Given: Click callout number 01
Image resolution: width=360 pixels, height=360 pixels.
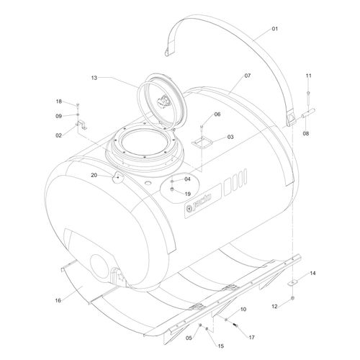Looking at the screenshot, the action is pos(275,29).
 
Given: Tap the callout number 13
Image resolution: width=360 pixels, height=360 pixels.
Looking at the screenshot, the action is pos(94,78).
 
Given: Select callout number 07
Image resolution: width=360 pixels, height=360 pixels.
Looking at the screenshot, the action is pos(248,76).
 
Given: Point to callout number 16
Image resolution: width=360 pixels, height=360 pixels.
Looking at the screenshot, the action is pos(58,300).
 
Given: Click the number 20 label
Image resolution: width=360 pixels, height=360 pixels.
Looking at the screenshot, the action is pos(94,175).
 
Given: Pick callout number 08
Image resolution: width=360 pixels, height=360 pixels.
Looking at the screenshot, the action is pos(305,133).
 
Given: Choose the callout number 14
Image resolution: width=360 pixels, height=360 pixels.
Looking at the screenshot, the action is pos(312,273).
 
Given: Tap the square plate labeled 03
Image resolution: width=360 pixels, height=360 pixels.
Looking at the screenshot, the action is pos(202,143).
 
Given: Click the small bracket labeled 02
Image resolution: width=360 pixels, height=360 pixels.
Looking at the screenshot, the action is pos(81,125).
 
